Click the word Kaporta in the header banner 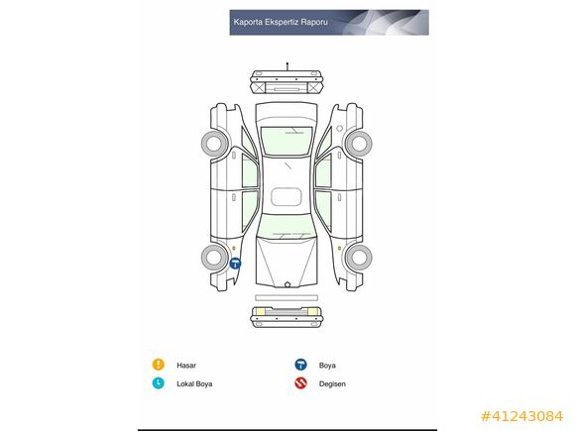coord(248,22)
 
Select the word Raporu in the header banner coord(314,23)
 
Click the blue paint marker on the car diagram coord(235,264)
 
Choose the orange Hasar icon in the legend coord(158,365)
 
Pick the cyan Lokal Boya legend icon coord(158,383)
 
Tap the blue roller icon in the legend coord(300,365)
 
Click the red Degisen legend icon coord(300,383)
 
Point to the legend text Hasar coord(186,366)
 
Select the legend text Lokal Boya coord(194,384)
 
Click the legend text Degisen coord(332,384)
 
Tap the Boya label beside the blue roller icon coord(327,366)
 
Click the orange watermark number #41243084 coord(521,416)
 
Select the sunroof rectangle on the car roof coord(287,197)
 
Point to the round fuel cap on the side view coord(340,128)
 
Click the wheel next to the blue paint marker coord(214,258)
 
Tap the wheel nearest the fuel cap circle coord(359,144)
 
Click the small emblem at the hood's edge coord(287,284)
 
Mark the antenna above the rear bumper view coord(287,66)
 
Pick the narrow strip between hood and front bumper coord(287,298)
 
